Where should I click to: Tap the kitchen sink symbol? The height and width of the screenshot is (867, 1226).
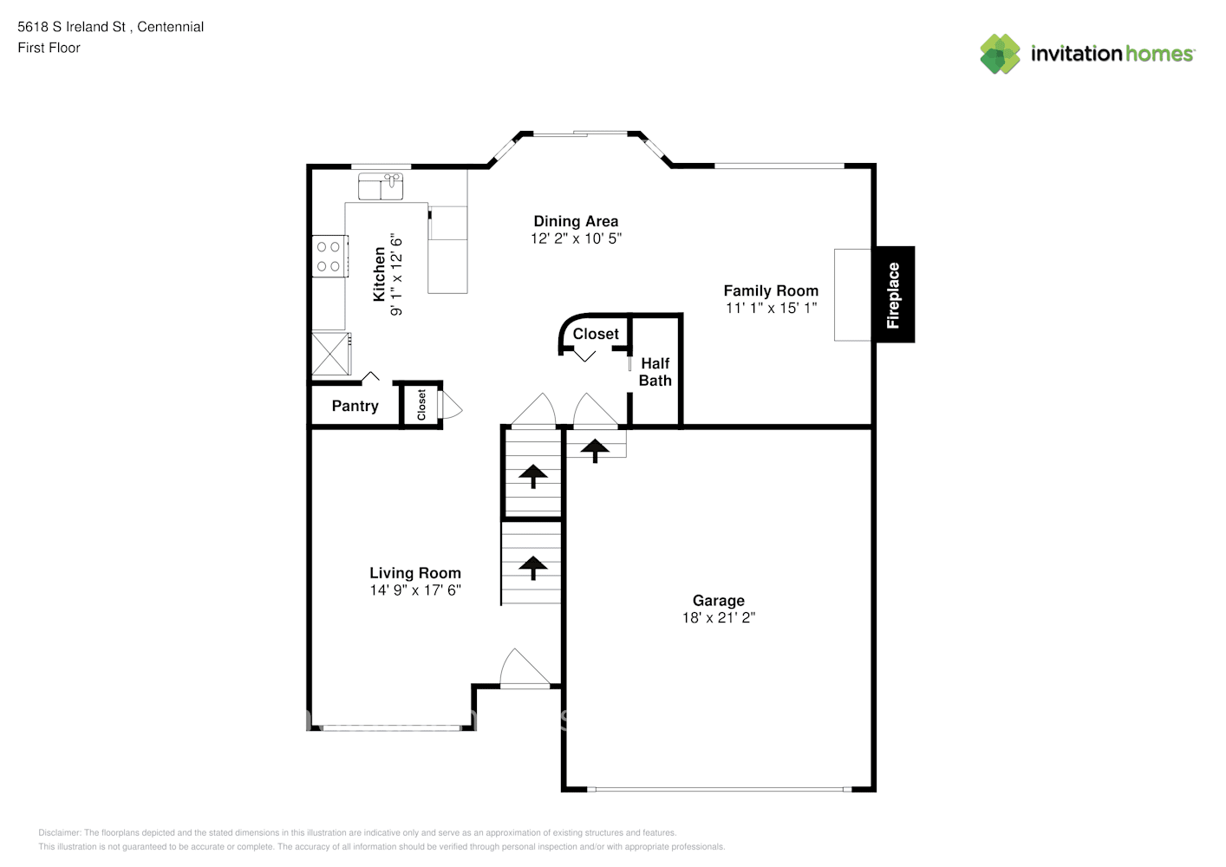(x=381, y=186)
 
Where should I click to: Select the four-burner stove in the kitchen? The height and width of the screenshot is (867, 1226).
(x=330, y=256)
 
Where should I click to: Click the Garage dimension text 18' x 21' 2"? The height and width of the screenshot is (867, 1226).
(x=719, y=617)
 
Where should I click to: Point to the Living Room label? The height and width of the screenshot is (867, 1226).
(x=414, y=572)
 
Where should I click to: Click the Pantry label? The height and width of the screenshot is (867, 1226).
(x=355, y=406)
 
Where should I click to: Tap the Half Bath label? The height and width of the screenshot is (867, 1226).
(x=655, y=372)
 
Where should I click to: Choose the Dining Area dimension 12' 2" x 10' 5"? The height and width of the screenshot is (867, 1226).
(x=576, y=238)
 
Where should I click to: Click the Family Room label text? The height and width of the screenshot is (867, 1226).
(x=771, y=290)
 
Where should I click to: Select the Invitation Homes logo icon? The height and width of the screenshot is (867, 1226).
(x=1000, y=54)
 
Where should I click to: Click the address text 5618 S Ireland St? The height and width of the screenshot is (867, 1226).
(x=72, y=27)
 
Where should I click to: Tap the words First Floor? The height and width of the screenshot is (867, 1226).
(x=49, y=48)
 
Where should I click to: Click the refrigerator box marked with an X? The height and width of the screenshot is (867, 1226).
(x=331, y=354)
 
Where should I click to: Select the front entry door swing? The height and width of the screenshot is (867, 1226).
(x=525, y=668)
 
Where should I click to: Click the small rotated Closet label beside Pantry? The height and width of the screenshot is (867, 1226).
(x=421, y=405)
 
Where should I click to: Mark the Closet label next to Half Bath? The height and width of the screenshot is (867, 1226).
(x=596, y=333)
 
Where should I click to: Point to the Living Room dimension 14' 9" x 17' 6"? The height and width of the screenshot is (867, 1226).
(x=414, y=590)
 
